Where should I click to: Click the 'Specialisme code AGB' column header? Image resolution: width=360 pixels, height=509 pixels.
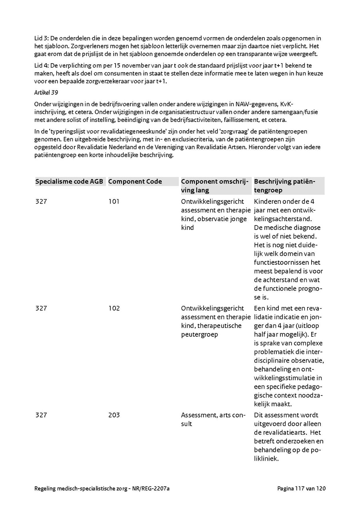[x=69, y=182]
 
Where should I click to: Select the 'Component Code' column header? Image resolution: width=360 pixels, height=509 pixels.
[x=135, y=182]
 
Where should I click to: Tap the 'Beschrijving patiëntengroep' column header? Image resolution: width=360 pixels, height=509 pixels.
[x=284, y=186]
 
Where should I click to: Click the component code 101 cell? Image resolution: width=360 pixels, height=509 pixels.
[x=114, y=202]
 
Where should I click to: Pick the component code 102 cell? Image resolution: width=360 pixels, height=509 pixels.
[x=114, y=308]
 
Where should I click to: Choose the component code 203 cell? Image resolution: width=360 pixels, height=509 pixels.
[x=114, y=415]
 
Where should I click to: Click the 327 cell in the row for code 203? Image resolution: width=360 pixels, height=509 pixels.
[x=41, y=415]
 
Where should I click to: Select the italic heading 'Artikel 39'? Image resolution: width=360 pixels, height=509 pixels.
[x=46, y=92]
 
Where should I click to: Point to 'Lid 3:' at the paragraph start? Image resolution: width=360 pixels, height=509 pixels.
[x=42, y=38]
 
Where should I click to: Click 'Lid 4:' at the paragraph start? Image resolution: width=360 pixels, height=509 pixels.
[x=42, y=65]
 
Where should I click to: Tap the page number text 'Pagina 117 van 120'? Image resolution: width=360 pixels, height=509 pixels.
[x=301, y=489]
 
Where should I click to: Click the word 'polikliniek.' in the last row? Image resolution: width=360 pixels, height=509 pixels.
[x=266, y=459]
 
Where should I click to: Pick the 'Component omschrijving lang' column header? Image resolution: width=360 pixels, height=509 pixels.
[x=216, y=186]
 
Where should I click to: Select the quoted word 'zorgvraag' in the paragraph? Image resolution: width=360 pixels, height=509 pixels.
[x=222, y=131]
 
